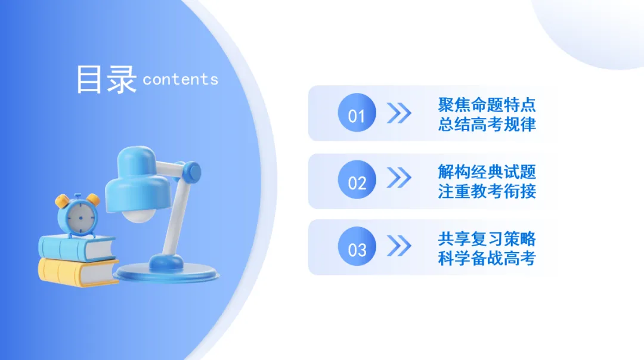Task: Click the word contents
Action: pos(181,79)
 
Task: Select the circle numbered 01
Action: pos(357,113)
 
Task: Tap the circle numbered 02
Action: pos(357,181)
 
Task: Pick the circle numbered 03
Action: pos(357,247)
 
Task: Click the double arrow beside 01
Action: pos(399,113)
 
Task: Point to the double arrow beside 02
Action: pos(399,178)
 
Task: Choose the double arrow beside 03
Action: pos(399,245)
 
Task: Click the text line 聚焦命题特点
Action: pos(487,105)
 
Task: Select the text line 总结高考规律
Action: pos(487,124)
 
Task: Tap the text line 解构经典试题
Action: pos(487,172)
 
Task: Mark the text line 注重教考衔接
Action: pos(487,191)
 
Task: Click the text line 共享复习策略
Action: pos(487,240)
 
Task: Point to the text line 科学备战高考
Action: pos(487,259)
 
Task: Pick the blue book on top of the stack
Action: pos(76,246)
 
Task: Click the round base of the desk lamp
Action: pos(167,271)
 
